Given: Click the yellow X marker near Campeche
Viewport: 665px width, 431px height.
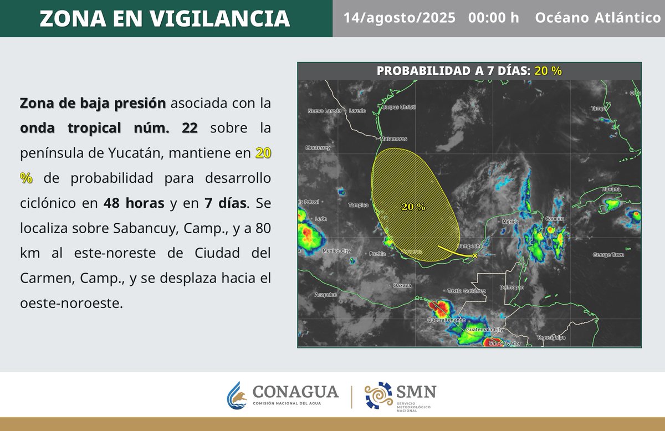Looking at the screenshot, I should [x=475, y=255].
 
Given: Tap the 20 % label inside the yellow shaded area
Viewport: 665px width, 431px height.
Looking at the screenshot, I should [x=413, y=207].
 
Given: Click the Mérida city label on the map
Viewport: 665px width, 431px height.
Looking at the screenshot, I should [x=510, y=222].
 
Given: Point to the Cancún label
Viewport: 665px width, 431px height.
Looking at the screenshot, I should [x=554, y=219].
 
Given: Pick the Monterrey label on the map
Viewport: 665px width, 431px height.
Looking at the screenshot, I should [x=318, y=148].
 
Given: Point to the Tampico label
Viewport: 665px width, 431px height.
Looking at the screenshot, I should [x=358, y=205].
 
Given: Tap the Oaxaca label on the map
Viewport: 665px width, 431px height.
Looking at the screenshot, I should [x=402, y=285].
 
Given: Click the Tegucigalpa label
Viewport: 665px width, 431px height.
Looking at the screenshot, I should [x=551, y=337].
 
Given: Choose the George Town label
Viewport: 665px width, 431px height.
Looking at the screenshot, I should [x=608, y=255].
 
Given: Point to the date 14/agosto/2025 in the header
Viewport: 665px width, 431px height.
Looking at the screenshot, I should [x=399, y=18].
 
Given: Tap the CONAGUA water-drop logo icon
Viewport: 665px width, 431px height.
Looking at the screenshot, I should [x=237, y=394].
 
